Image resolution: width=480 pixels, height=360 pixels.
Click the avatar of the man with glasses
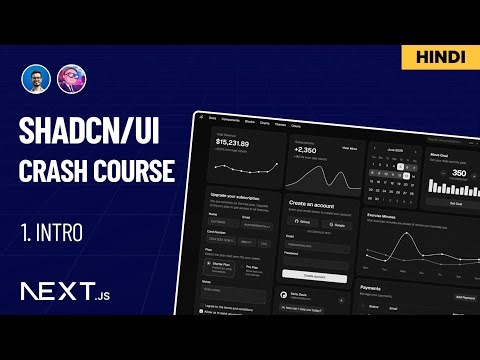(x=34, y=80)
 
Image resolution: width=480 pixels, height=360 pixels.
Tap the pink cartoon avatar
(x=70, y=80)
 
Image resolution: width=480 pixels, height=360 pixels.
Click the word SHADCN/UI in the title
(x=91, y=131)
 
